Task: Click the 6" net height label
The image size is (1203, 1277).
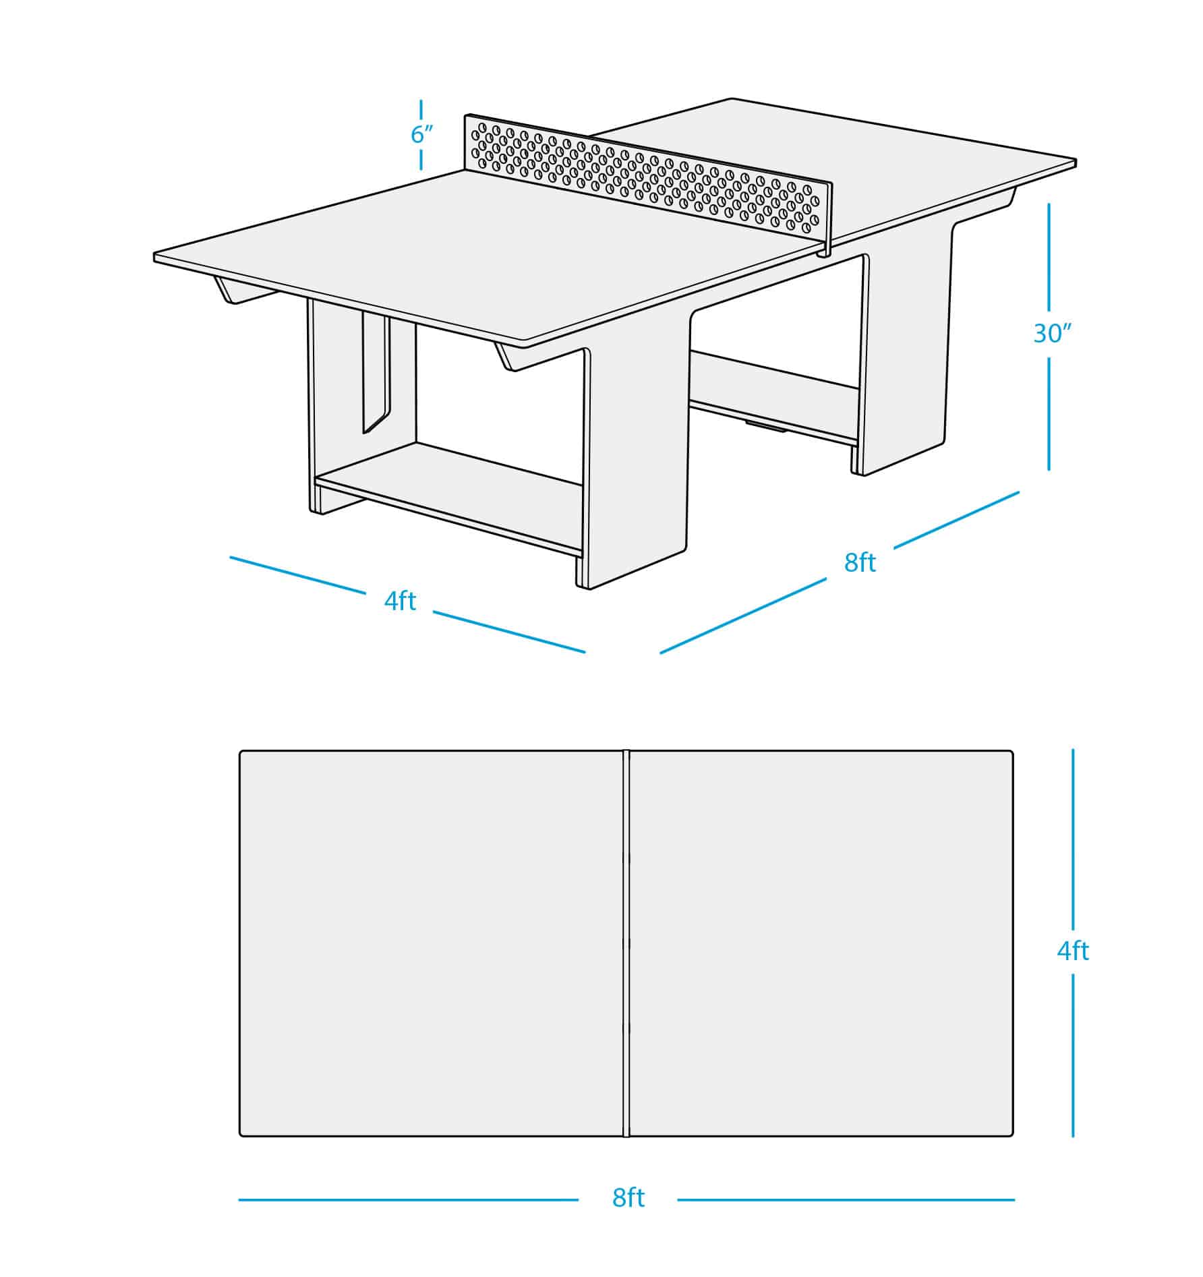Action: (x=421, y=135)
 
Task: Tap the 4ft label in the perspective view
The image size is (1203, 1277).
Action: (x=400, y=601)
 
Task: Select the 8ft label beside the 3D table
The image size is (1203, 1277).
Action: (x=860, y=562)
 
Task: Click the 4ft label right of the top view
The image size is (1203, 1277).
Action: (x=1072, y=951)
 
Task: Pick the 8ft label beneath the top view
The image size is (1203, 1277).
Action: (x=628, y=1198)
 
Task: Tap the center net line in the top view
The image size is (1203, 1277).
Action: (x=626, y=944)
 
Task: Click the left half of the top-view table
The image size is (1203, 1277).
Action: (x=432, y=944)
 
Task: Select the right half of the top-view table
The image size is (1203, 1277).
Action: (x=819, y=944)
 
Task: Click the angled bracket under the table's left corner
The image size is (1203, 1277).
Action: (x=233, y=291)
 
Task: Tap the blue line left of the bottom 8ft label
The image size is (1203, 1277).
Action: (x=408, y=1199)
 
